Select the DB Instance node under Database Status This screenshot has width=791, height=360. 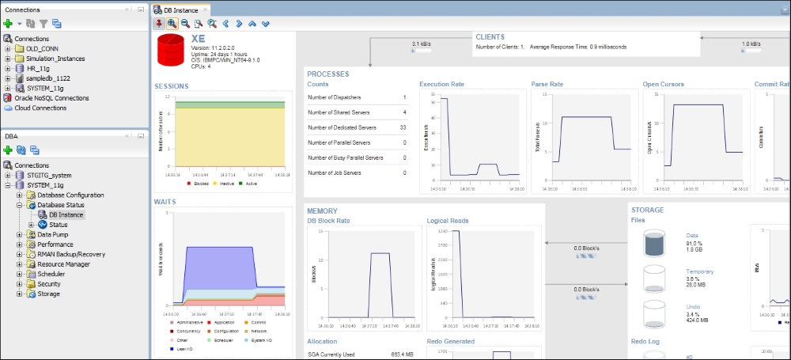(66, 214)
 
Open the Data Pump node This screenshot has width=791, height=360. (52, 234)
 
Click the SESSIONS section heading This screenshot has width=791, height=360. (171, 85)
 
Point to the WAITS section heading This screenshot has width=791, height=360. (165, 202)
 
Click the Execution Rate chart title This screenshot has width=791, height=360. (441, 84)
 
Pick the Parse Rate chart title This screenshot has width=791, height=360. (547, 84)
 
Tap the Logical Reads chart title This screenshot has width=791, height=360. (447, 221)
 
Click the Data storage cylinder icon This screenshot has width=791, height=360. (654, 244)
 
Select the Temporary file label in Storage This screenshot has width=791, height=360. (699, 271)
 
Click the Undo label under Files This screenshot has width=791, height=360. (694, 307)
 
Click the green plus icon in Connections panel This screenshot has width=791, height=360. (8, 24)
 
